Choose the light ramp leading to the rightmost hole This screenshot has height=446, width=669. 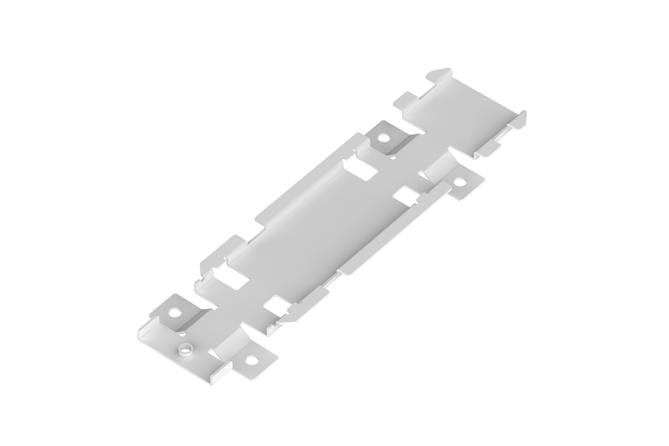[437, 171]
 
